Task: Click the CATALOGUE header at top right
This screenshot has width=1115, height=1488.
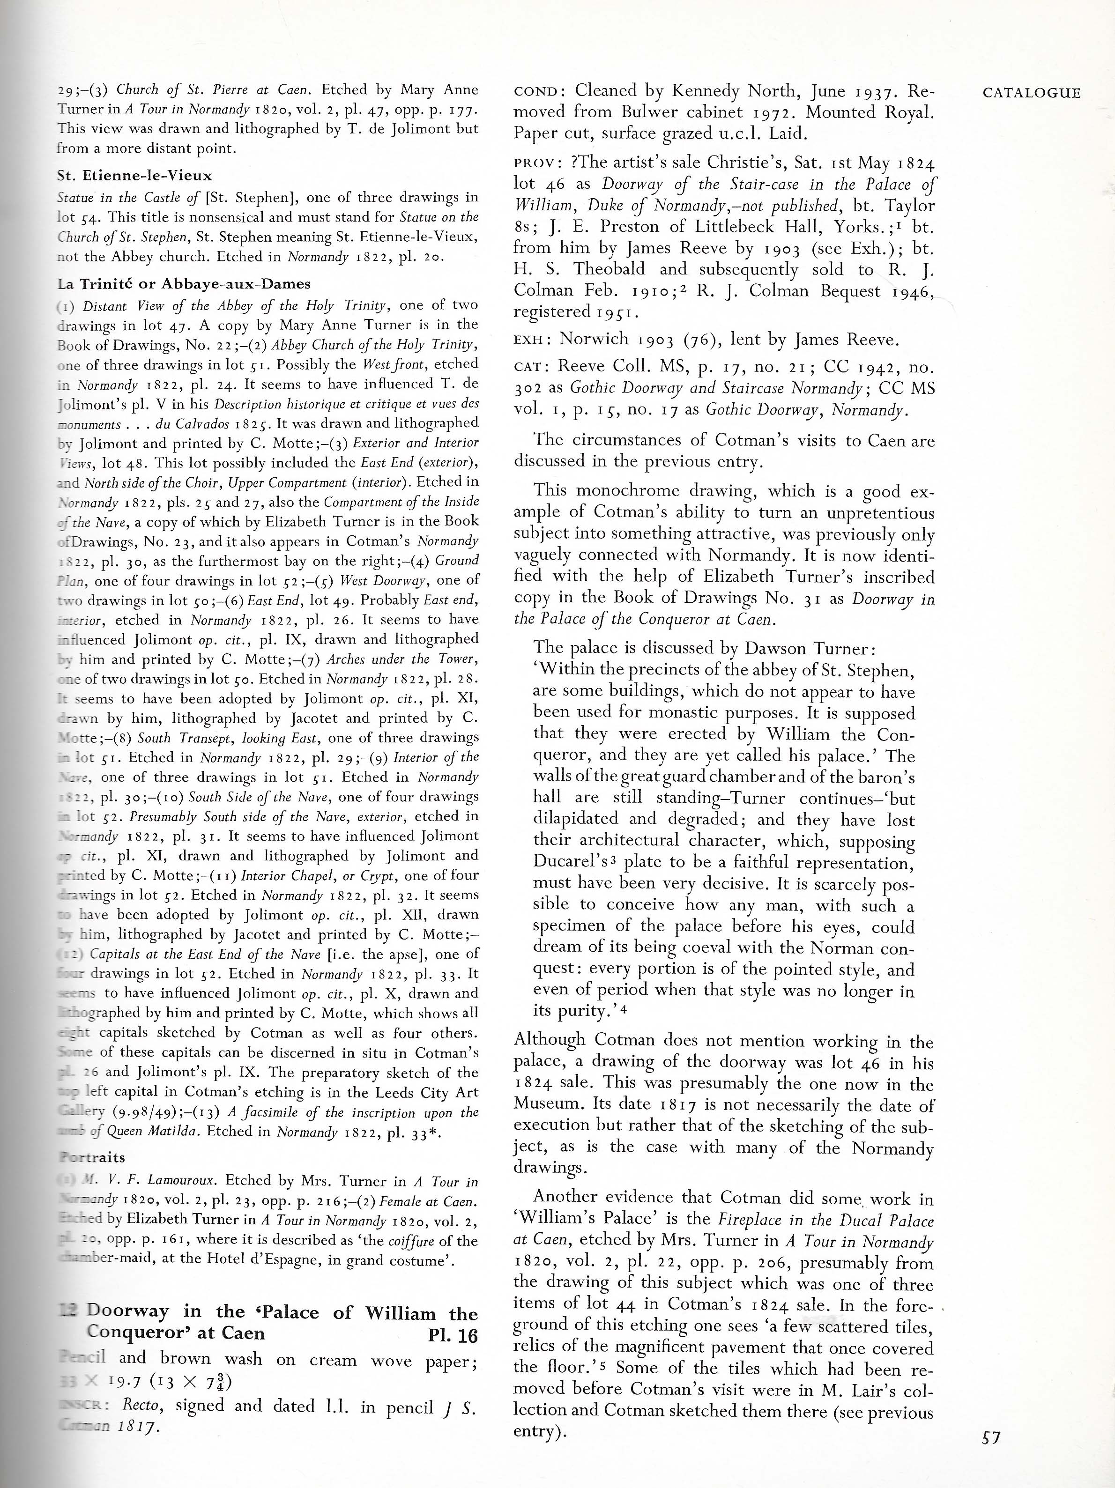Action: tap(1032, 94)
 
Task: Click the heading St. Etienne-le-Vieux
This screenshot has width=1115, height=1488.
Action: tap(134, 176)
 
